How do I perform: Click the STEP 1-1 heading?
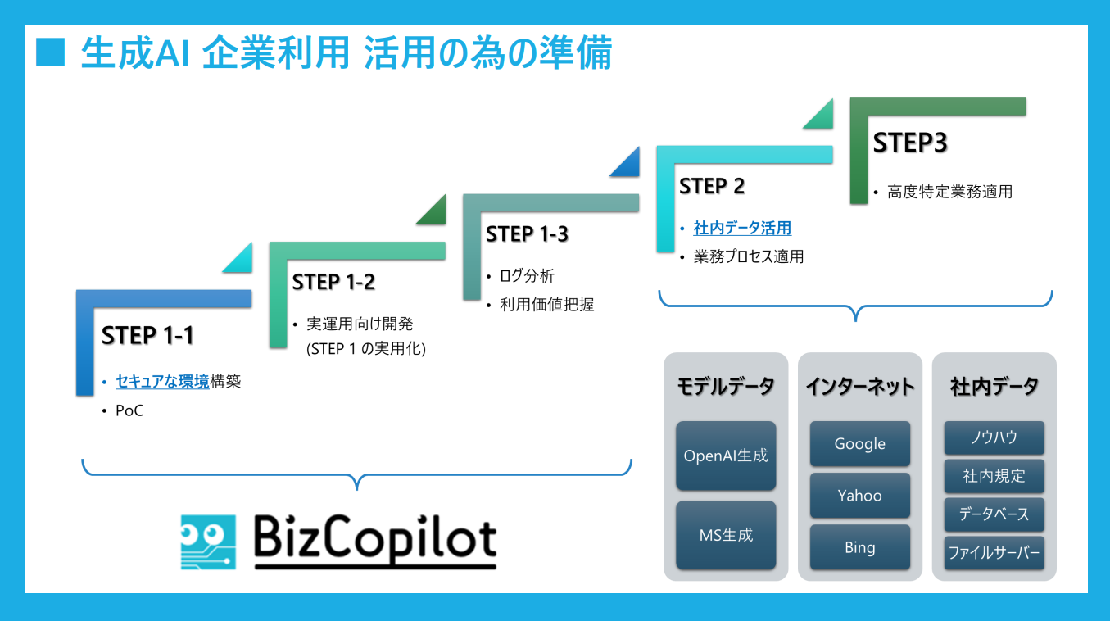pos(147,336)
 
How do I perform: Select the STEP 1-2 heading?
pos(333,283)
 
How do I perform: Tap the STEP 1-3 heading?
pos(527,234)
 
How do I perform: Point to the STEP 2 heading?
pos(712,187)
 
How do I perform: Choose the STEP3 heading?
pos(910,143)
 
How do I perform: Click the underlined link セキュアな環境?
pos(162,382)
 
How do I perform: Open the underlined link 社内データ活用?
pos(742,229)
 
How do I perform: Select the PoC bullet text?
pos(129,411)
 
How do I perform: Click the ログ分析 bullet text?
pos(527,277)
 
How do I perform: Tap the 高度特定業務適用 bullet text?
pos(949,193)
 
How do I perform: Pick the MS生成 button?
pos(726,536)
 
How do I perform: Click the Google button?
pos(859,444)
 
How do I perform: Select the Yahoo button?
pos(859,496)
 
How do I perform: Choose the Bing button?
pos(859,547)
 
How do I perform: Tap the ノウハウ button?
pos(994,437)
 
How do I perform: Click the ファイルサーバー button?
pos(994,553)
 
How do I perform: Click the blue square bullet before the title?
pos(50,54)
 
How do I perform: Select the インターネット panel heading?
pos(859,387)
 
